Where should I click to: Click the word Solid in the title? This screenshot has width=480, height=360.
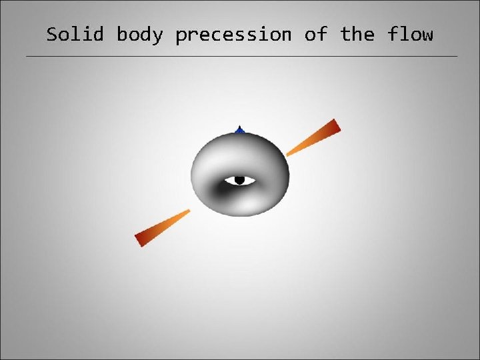coord(75,35)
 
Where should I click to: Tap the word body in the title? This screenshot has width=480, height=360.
coord(139,35)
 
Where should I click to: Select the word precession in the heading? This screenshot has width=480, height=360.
coord(233,35)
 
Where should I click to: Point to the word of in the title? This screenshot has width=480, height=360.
coord(315,35)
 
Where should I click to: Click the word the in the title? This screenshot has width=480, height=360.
coord(357,35)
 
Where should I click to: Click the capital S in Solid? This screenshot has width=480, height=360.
coord(52,35)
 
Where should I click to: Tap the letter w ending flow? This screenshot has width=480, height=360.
coord(427,35)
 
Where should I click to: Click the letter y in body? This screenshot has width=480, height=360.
coord(157,37)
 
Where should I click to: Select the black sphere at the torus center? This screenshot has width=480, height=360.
coord(239,180)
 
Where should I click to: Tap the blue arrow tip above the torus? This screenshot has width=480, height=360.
coord(239,129)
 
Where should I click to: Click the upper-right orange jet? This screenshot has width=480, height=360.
coord(313,138)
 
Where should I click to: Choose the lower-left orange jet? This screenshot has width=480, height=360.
coord(163,227)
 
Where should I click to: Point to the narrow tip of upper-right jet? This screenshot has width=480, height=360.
coord(289,154)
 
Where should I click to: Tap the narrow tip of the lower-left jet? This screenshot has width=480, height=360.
coord(188,211)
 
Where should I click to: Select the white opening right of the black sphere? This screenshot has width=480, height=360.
coord(249,180)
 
